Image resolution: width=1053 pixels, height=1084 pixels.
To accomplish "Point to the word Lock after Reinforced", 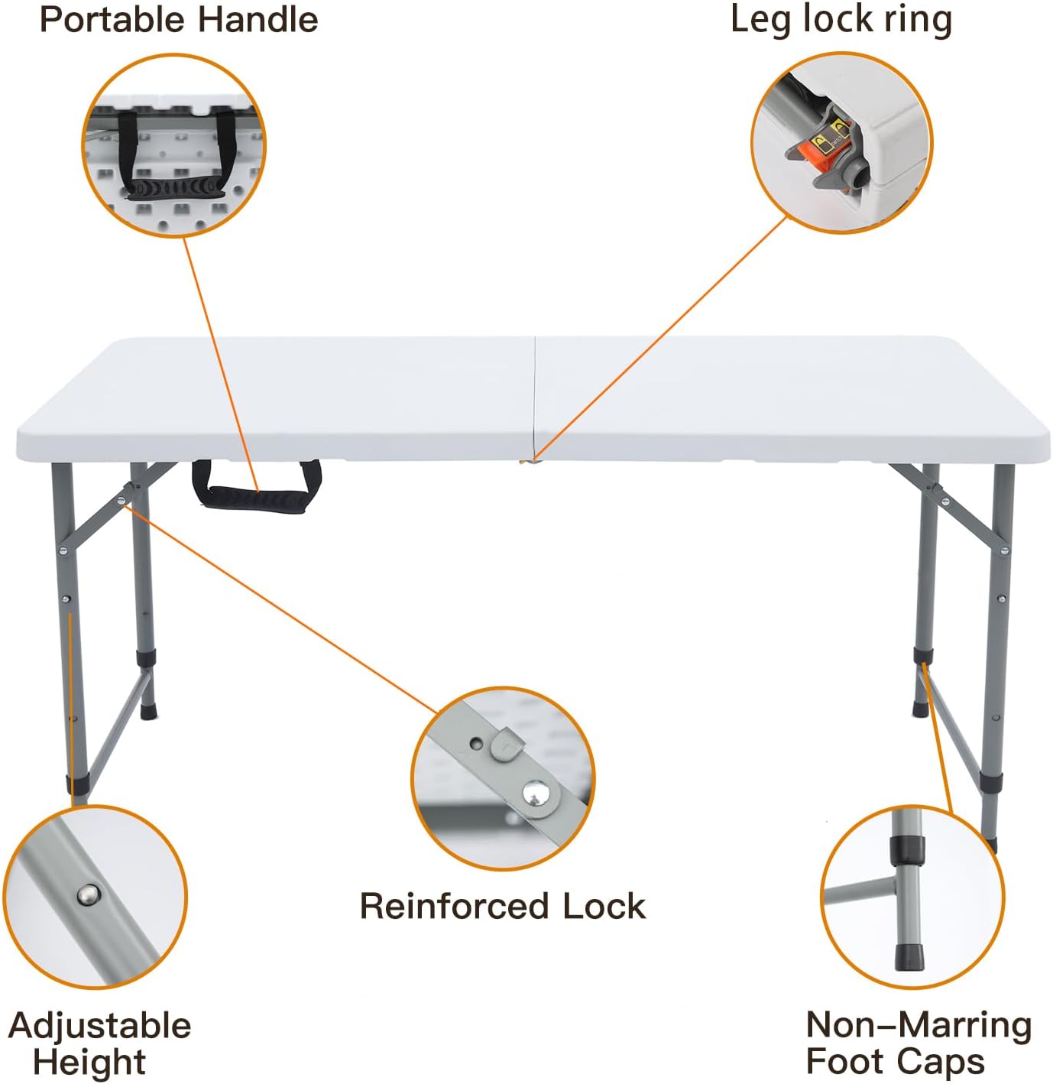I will [x=604, y=906].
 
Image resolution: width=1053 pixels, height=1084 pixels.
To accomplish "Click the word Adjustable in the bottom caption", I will [x=99, y=1025].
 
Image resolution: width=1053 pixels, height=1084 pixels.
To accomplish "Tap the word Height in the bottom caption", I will [x=89, y=1062].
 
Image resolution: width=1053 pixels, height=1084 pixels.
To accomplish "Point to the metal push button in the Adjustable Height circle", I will [x=89, y=894].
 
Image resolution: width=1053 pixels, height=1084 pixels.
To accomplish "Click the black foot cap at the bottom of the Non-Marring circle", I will [x=907, y=959].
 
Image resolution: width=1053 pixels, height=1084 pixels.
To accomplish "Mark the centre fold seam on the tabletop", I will [x=534, y=398].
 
